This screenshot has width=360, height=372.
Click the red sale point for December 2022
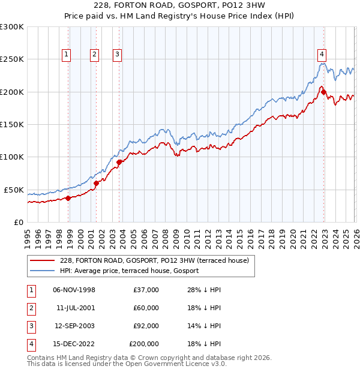[323, 92]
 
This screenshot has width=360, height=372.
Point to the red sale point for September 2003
[119, 162]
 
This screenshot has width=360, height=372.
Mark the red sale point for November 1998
[68, 198]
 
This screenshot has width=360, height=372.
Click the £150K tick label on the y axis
[11, 125]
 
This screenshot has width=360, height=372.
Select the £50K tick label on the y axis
[14, 190]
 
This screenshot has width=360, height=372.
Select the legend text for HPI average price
[129, 271]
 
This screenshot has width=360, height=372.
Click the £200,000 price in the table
[144, 344]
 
